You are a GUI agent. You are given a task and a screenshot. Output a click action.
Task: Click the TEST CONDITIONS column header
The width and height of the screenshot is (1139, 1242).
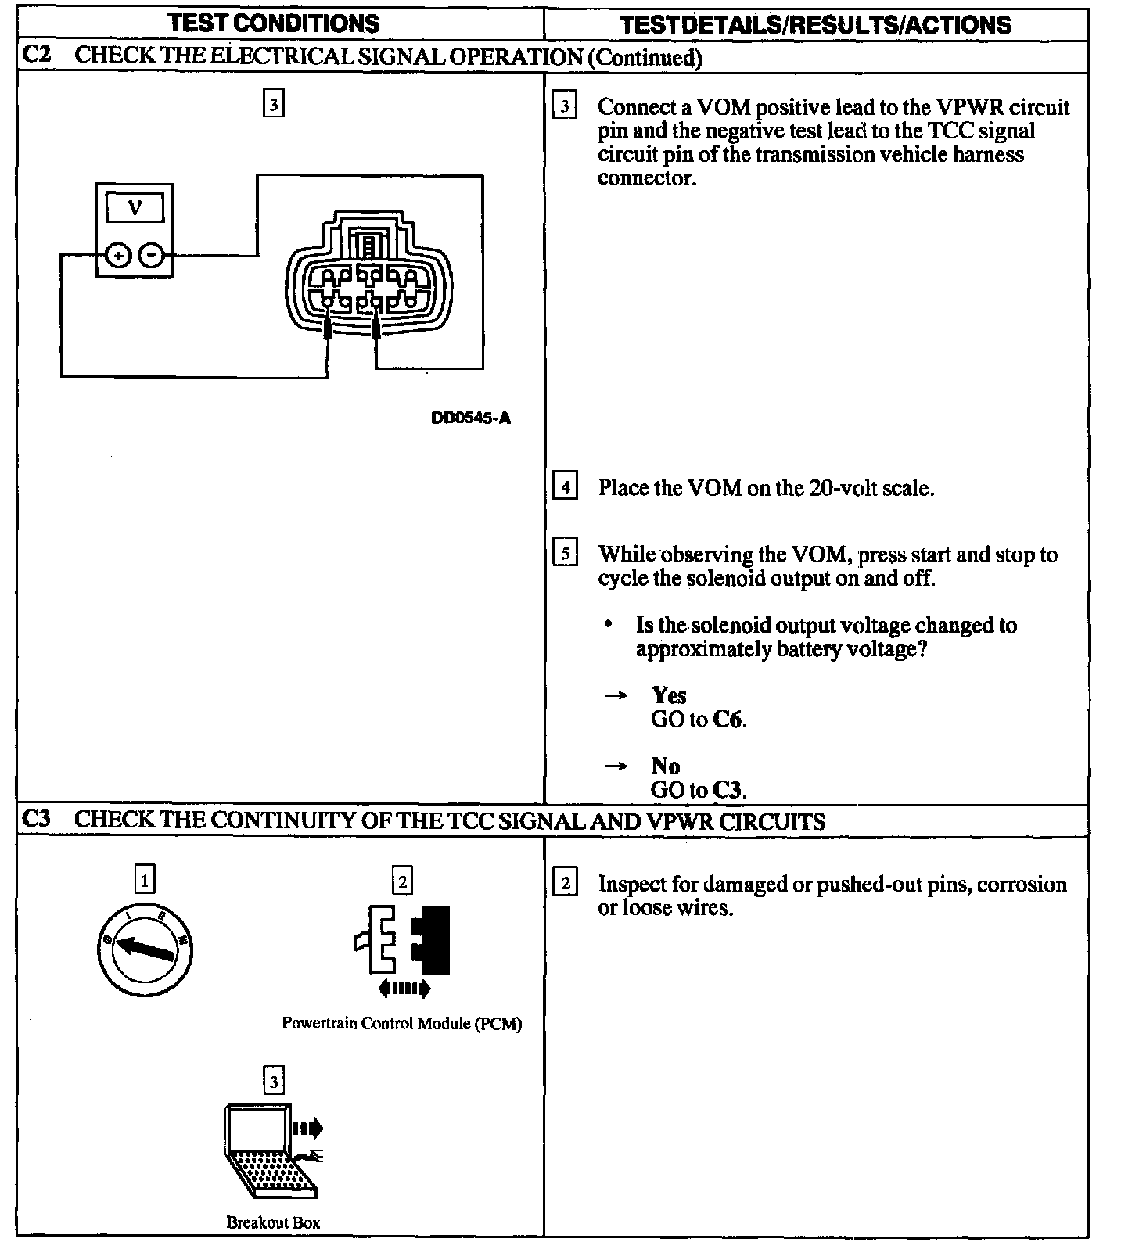pyautogui.click(x=274, y=23)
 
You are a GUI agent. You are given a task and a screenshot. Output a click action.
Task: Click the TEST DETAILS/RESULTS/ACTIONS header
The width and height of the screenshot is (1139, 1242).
pyautogui.click(x=815, y=25)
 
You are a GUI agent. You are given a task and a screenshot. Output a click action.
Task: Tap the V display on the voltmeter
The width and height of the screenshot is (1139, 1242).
pyautogui.click(x=135, y=208)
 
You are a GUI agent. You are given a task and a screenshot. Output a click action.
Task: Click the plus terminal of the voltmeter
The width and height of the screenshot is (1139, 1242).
pyautogui.click(x=117, y=255)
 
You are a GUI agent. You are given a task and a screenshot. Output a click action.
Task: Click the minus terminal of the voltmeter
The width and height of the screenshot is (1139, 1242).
pyautogui.click(x=152, y=255)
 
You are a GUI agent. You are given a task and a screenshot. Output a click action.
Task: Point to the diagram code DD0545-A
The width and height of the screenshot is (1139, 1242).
pyautogui.click(x=471, y=418)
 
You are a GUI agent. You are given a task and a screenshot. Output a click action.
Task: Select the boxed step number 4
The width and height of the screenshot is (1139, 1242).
pyautogui.click(x=565, y=486)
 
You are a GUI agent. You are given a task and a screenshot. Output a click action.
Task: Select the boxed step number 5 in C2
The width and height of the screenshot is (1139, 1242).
pyautogui.click(x=565, y=553)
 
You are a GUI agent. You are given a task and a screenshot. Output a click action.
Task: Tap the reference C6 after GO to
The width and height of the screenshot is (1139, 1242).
pyautogui.click(x=728, y=719)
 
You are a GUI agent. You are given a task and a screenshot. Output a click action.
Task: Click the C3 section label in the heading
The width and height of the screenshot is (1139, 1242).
pyautogui.click(x=37, y=819)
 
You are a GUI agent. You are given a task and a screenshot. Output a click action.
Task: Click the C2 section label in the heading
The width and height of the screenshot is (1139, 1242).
pyautogui.click(x=37, y=56)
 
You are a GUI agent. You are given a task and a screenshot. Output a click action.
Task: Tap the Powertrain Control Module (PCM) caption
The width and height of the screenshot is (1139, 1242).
pyautogui.click(x=402, y=1023)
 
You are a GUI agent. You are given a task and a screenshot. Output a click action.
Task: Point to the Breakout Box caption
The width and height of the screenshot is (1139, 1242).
pyautogui.click(x=273, y=1222)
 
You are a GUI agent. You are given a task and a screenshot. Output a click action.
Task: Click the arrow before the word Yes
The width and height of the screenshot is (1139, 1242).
pyautogui.click(x=616, y=695)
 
